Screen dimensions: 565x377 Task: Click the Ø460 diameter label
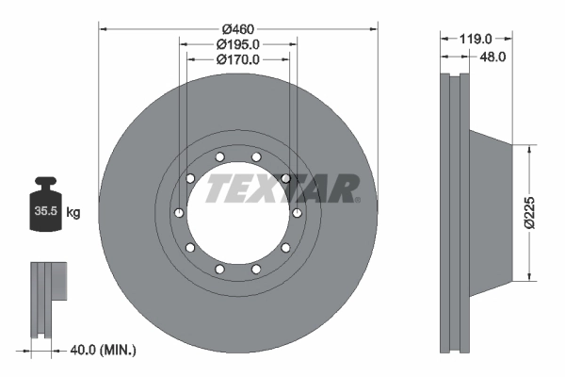[x=238, y=29]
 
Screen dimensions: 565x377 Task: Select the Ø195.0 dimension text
[x=238, y=44]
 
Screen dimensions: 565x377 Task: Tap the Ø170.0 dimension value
[x=238, y=59]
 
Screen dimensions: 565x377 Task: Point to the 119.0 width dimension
[x=476, y=39]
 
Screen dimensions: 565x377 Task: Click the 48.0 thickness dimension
[x=492, y=57]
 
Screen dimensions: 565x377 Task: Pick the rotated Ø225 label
[x=529, y=212]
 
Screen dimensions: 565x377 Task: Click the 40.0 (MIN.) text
[x=103, y=350]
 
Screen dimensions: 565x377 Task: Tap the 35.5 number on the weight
[x=46, y=211]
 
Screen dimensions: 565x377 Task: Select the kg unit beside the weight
[x=73, y=212]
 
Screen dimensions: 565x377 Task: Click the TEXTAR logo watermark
[x=282, y=188]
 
